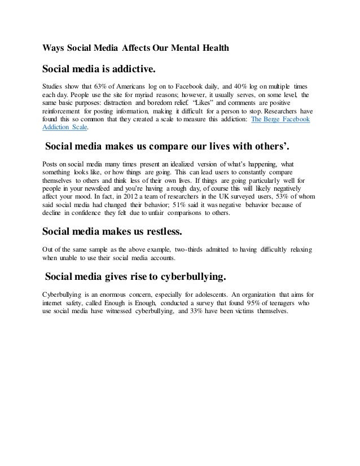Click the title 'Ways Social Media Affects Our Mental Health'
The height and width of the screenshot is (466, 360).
[x=136, y=48]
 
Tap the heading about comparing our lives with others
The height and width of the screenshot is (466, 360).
[x=170, y=148]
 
